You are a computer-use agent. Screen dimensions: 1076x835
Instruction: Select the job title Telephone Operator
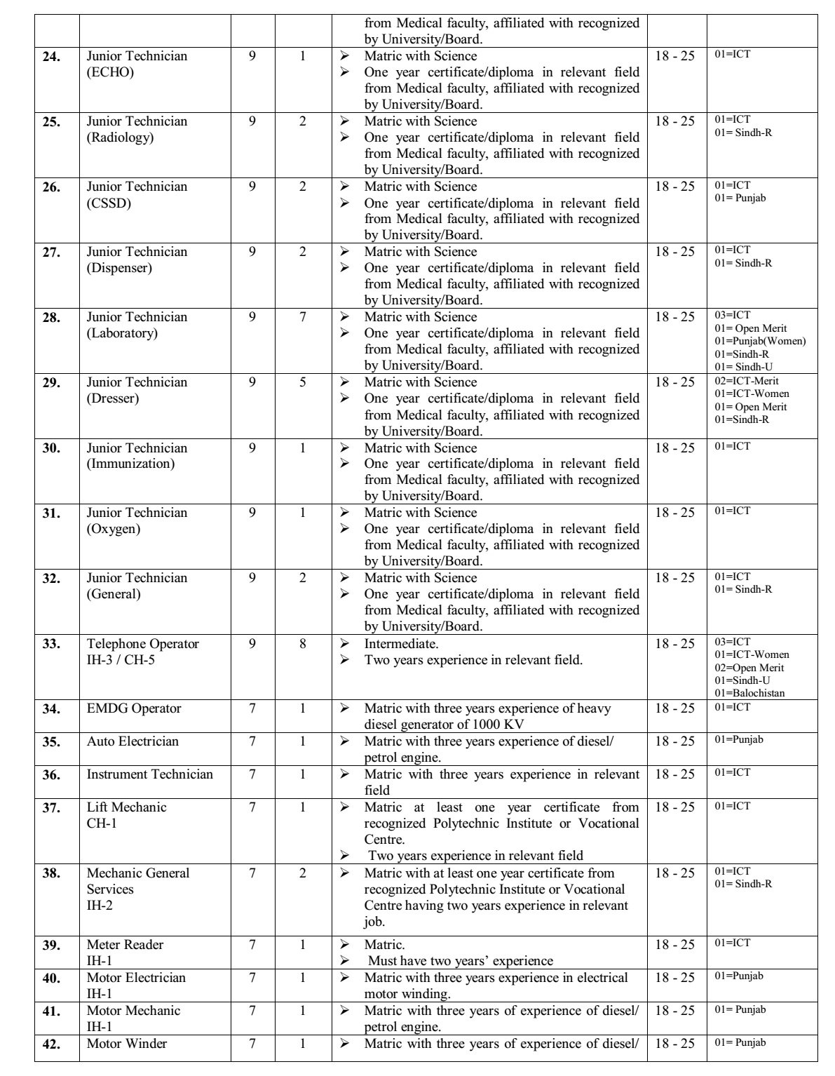coord(142,644)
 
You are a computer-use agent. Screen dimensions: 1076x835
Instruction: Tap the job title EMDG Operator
coord(133,708)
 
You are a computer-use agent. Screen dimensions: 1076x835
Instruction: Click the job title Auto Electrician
coord(133,741)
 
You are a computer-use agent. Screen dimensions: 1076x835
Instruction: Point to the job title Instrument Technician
coord(149,774)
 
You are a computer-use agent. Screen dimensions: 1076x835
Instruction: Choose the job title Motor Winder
coord(126,1044)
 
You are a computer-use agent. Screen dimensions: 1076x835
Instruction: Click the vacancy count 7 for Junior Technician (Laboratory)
coord(303,317)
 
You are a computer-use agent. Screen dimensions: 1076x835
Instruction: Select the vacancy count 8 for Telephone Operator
coord(303,644)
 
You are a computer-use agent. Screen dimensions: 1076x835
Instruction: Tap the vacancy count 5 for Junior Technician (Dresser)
coord(303,382)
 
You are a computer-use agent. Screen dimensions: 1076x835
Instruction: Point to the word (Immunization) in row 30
coord(130,464)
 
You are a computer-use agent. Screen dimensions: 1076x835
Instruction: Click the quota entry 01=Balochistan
coord(749,693)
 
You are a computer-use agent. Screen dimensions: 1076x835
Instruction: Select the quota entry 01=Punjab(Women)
coord(760,341)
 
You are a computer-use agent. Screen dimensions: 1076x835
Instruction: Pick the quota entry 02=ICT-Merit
coord(747,381)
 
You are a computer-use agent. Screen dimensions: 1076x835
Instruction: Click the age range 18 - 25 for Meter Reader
coord(675,945)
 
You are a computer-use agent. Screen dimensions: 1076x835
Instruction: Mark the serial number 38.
coord(50,873)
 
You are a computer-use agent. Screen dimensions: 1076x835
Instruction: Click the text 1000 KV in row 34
coord(498,725)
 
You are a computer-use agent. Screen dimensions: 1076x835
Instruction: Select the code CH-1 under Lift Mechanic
coord(102,823)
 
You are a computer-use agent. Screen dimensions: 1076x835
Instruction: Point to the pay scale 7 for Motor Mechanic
coord(252,1011)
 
